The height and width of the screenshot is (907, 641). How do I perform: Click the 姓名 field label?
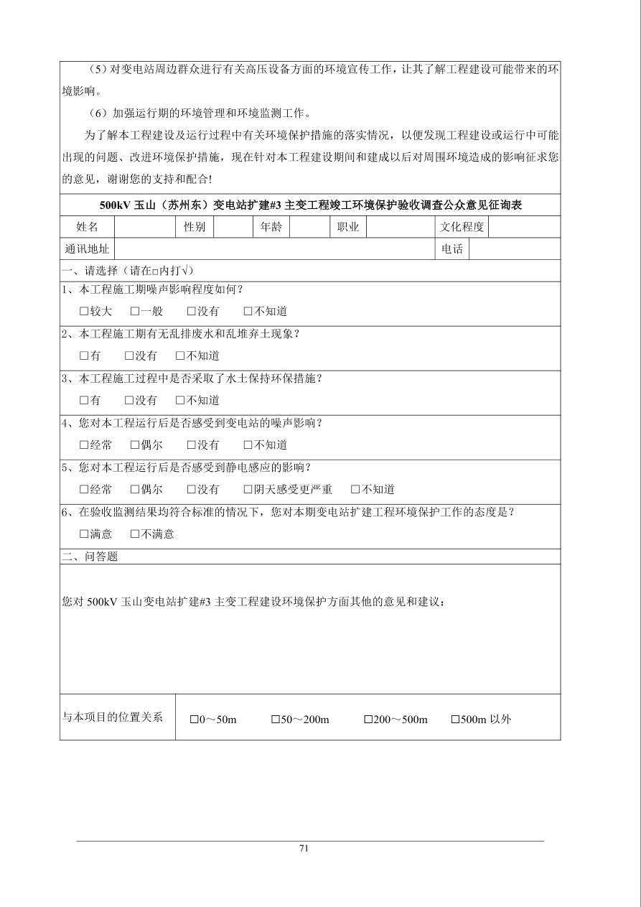tap(87, 227)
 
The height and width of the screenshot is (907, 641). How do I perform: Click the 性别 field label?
tap(194, 227)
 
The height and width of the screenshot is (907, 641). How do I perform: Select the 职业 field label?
tap(348, 227)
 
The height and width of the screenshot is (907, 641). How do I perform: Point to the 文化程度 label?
tap(462, 227)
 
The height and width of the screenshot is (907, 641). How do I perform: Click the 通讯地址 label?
tap(87, 249)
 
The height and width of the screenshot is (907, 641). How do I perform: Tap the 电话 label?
tap(452, 249)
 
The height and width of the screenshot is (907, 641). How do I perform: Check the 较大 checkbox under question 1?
tap(84, 312)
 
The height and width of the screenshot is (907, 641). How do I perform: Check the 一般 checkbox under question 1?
tap(135, 312)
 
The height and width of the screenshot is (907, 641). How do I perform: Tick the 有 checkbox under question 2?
tap(84, 356)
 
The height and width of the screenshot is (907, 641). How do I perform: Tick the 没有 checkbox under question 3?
tap(129, 401)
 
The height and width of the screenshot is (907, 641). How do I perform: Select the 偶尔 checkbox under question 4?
tap(135, 445)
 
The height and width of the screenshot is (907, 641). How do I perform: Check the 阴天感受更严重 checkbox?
tap(248, 490)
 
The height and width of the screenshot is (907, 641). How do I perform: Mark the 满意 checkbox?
tap(84, 534)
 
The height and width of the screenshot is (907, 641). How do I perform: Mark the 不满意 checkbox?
tap(135, 534)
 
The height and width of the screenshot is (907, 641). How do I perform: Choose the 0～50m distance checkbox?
tap(194, 720)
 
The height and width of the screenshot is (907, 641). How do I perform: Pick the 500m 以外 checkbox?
tap(455, 720)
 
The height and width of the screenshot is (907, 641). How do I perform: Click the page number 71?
tap(304, 848)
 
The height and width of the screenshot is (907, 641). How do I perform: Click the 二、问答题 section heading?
tap(90, 557)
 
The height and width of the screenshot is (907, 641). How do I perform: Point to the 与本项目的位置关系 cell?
tap(113, 717)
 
